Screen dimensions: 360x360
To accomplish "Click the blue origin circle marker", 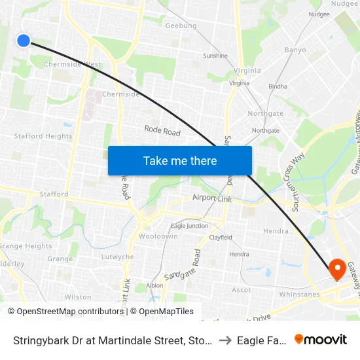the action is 24,41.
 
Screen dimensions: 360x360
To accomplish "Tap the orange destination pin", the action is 338,269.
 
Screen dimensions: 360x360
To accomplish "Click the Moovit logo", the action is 321,339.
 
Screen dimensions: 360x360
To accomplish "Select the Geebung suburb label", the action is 181,26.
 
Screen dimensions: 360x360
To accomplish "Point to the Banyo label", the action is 295,50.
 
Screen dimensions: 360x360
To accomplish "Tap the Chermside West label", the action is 72,64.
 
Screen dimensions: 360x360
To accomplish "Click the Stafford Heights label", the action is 44,136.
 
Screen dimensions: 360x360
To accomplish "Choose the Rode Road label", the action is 162,132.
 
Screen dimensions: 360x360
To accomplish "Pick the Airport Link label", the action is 213,197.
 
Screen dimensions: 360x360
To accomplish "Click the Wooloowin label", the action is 158,236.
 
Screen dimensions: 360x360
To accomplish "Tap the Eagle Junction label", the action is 189,226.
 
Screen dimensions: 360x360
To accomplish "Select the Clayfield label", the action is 220,237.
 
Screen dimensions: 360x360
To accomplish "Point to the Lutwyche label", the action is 118,257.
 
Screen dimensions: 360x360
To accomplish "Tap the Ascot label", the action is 242,289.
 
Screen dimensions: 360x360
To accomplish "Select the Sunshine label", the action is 215,56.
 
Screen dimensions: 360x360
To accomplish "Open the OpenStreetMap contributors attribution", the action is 70,312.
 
